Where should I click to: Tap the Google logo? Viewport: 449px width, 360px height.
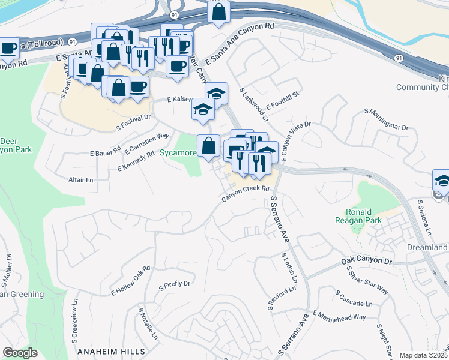pos(20,353)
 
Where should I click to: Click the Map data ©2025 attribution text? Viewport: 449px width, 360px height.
pos(423,355)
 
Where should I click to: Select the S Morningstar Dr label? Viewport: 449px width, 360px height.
pos(386,119)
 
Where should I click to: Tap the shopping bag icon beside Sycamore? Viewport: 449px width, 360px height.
pos(208,146)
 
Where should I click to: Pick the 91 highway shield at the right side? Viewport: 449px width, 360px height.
pos(399,58)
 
